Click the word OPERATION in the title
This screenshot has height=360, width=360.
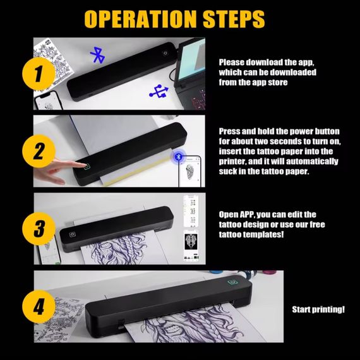click(x=140, y=19)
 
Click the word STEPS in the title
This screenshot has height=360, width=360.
click(x=234, y=19)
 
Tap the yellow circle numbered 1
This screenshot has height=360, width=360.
click(x=39, y=74)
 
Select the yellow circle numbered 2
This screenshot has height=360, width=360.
click(x=39, y=151)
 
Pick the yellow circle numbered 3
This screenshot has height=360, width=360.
click(x=39, y=229)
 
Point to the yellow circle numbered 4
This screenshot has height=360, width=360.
click(x=39, y=306)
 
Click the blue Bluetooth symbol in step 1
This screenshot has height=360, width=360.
click(x=98, y=55)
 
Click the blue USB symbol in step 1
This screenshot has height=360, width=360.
click(x=159, y=92)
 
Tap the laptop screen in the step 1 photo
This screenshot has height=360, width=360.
click(x=191, y=61)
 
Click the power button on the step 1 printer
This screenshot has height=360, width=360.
click(x=165, y=53)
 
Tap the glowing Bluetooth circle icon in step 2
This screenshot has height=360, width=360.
click(x=178, y=157)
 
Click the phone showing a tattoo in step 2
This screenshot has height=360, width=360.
click(x=190, y=171)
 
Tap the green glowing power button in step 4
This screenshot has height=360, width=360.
click(x=232, y=282)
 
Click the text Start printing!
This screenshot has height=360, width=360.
click(x=318, y=309)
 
